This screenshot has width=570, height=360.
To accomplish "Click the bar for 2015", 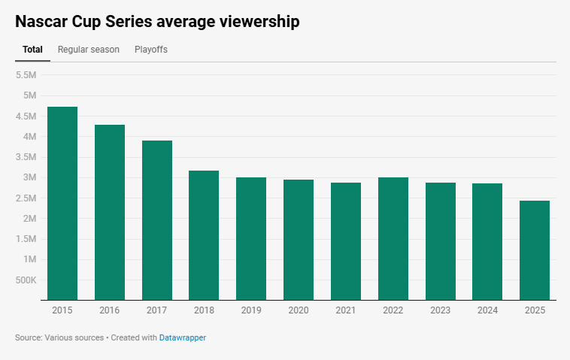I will pyautogui.click(x=62, y=204).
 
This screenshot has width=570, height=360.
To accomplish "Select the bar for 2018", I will pyautogui.click(x=204, y=235).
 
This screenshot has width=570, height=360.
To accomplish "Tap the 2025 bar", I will pyautogui.click(x=535, y=250).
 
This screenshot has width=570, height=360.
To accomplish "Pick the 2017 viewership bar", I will pyautogui.click(x=157, y=220).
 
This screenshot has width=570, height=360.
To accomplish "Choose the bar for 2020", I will pyautogui.click(x=299, y=240).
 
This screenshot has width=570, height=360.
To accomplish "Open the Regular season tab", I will pyautogui.click(x=89, y=50).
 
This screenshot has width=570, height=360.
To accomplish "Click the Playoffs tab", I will pyautogui.click(x=151, y=50).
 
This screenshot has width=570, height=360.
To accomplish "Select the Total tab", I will pyautogui.click(x=32, y=50).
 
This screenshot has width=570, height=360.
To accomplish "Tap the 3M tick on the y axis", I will pyautogui.click(x=29, y=178).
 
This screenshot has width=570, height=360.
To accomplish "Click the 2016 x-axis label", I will pyautogui.click(x=110, y=310).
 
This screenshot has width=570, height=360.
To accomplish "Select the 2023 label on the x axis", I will pyautogui.click(x=441, y=310).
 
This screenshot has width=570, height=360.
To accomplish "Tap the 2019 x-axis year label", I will pyautogui.click(x=251, y=310).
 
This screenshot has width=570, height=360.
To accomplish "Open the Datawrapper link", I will pyautogui.click(x=182, y=338).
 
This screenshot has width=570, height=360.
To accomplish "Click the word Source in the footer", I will pyautogui.click(x=29, y=338).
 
